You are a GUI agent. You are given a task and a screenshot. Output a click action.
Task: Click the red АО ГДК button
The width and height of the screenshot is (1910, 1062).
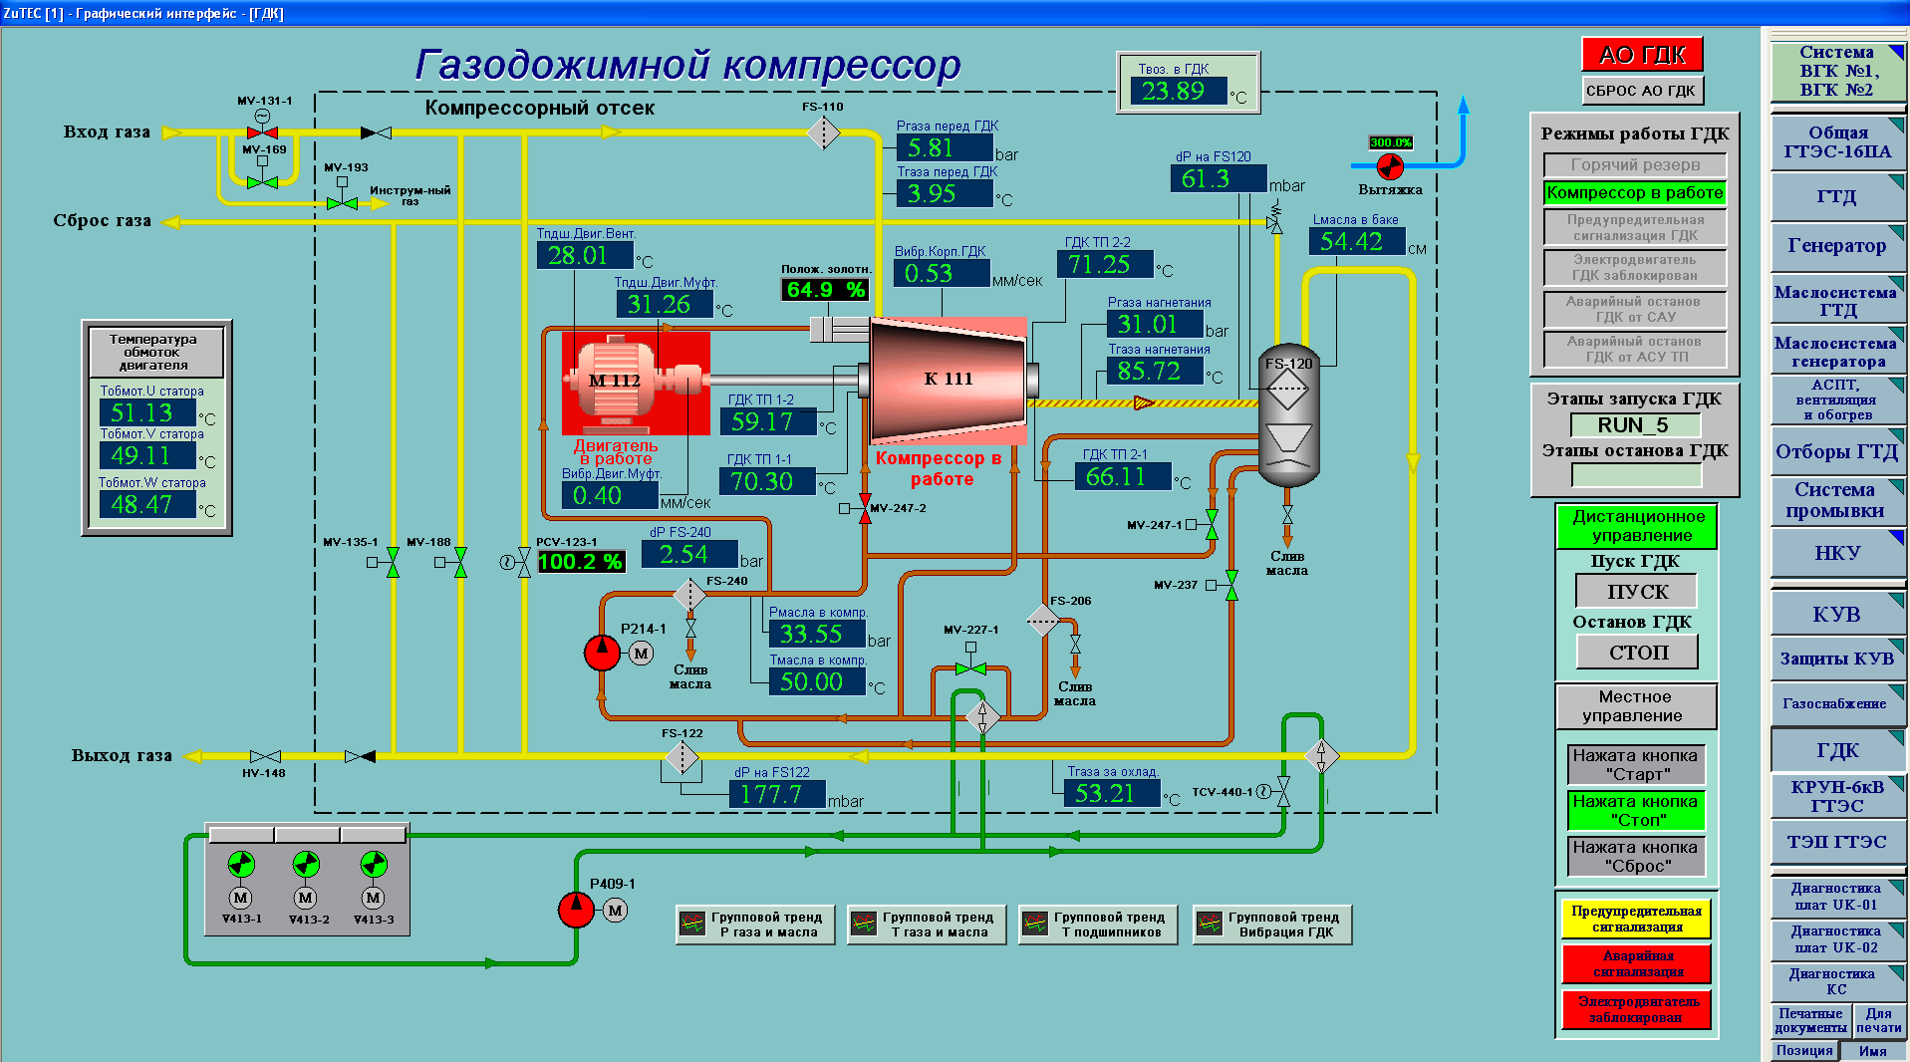point(1642,55)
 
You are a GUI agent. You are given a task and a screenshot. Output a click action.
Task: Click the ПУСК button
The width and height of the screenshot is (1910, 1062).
point(1636,592)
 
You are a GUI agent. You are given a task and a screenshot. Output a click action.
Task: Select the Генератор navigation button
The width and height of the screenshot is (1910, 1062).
point(1836,246)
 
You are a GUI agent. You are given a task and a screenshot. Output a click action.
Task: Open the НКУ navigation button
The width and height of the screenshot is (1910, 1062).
point(1836,554)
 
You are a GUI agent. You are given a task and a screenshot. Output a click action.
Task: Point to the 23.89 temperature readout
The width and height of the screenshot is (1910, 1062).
point(1175,92)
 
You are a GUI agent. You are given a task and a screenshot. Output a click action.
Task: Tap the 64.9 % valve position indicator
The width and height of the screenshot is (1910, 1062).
point(825,290)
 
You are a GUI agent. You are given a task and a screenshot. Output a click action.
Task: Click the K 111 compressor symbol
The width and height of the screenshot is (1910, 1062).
point(948,380)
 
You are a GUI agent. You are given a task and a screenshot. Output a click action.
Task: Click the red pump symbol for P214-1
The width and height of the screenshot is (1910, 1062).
point(602,653)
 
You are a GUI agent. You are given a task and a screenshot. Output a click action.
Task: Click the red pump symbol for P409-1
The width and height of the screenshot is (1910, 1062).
point(575,909)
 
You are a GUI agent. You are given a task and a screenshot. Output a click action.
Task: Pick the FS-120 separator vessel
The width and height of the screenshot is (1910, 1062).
point(1287,414)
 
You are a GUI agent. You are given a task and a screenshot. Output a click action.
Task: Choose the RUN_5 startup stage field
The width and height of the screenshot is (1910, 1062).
point(1634,425)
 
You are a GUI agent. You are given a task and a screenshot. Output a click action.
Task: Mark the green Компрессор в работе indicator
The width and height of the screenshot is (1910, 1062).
point(1634,193)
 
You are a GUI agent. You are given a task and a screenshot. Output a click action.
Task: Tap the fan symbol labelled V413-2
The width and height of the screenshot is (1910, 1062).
point(306,864)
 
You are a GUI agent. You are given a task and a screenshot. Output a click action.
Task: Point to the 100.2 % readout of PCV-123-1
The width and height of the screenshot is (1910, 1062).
point(581,562)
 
